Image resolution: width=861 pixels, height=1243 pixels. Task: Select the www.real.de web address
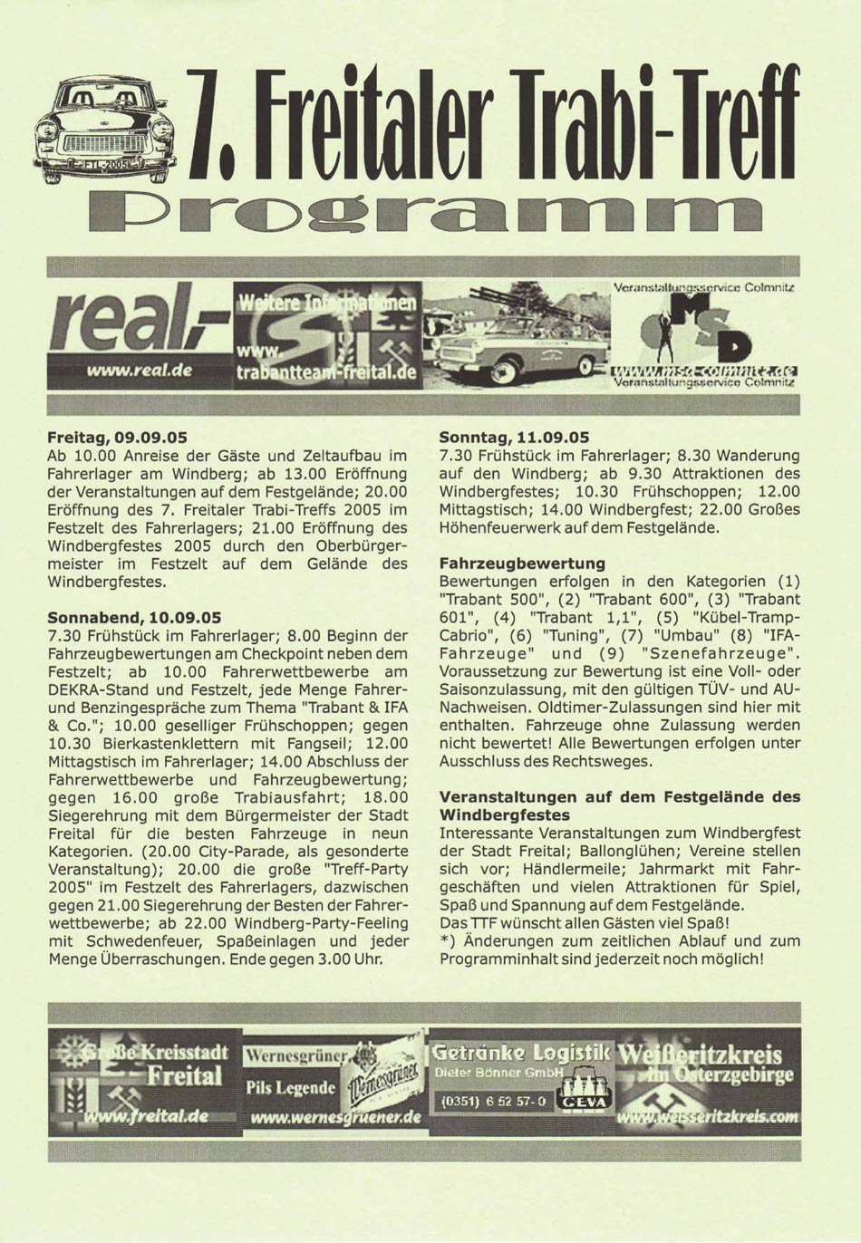point(140,371)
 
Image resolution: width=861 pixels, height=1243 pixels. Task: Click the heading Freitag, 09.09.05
point(117,437)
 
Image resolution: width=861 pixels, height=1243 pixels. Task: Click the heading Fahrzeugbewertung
point(522,563)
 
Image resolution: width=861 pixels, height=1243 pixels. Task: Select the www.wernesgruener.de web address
point(335,1117)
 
